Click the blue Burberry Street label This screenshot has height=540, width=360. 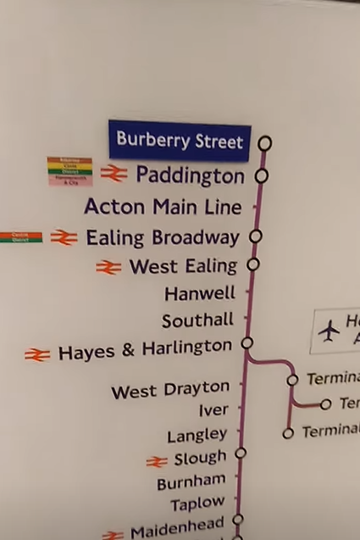tap(180, 140)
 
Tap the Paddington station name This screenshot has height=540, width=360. tap(190, 175)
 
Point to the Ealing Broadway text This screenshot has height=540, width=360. tap(163, 237)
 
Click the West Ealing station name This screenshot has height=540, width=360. tap(183, 267)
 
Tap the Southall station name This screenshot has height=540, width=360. tap(197, 320)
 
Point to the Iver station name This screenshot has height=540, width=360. tap(213, 411)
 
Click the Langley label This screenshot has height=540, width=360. tap(197, 436)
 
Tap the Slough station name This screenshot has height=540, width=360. tap(200, 459)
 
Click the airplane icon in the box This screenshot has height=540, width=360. tap(329, 331)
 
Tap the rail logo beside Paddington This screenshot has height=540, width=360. tap(114, 174)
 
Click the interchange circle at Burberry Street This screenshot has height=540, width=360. tap(265, 143)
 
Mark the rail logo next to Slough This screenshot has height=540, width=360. tap(157, 461)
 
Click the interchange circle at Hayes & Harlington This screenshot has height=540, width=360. tap(247, 343)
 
